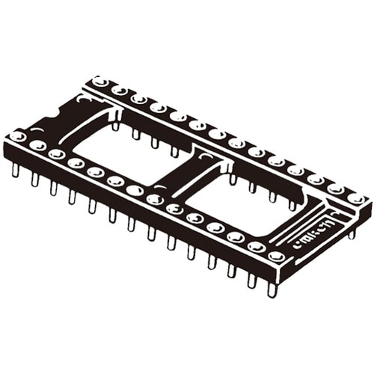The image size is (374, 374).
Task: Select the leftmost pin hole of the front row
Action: (17, 136)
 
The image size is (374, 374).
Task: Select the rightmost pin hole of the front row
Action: (276, 256)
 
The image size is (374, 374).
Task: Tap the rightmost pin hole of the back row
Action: (357, 200)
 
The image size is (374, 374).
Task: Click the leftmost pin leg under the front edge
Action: (15, 171)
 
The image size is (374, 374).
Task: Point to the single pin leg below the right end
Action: (352, 233)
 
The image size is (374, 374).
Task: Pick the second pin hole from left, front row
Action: (37, 145)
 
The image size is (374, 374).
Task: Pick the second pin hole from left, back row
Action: (119, 90)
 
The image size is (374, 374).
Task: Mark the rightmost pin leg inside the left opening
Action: (174, 151)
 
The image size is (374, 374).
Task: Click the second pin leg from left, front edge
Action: (34, 179)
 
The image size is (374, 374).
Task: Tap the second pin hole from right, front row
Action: (256, 247)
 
